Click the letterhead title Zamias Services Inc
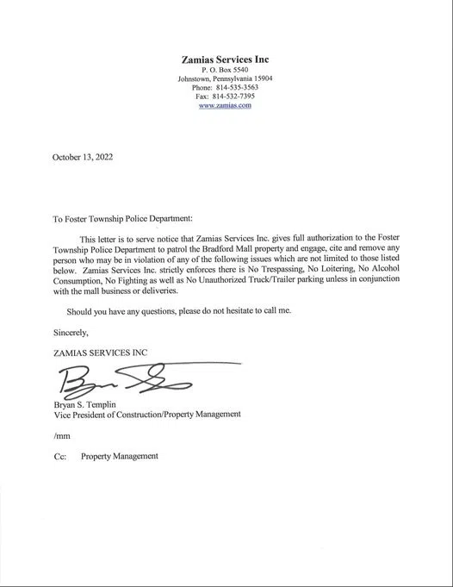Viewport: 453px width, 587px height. tap(226, 59)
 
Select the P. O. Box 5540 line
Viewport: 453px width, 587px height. tap(226, 69)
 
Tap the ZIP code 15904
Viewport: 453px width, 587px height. tap(259, 78)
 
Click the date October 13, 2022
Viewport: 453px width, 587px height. tap(83, 158)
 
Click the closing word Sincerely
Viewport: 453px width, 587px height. tap(71, 331)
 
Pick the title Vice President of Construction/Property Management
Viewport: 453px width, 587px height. tap(146, 415)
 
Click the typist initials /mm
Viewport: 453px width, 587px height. tap(60, 436)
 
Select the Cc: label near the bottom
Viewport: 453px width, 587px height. tap(60, 456)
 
